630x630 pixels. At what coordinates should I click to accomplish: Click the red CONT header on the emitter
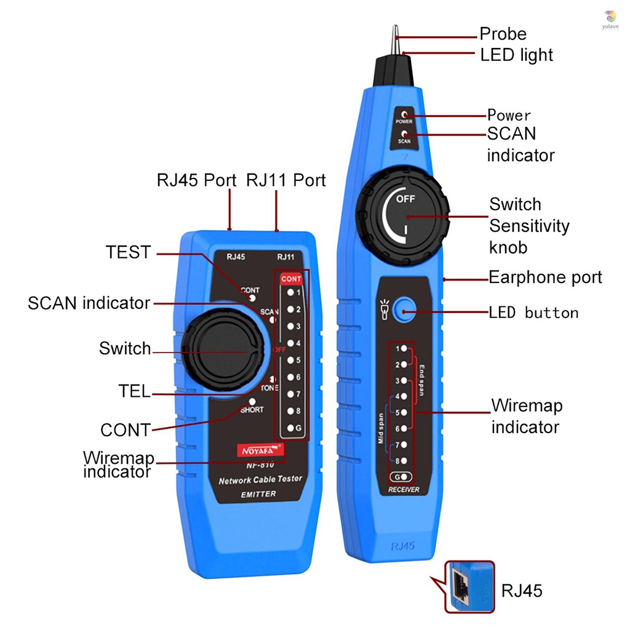point(291,279)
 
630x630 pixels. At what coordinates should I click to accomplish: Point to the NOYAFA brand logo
point(259,450)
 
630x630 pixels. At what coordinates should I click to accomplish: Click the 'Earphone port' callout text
point(545,277)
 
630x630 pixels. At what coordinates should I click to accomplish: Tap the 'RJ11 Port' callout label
point(285,180)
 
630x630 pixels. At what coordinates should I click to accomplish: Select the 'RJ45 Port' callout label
point(196,180)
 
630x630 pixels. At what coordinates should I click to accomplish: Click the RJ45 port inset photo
point(469,587)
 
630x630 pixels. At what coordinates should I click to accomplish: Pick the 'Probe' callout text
point(503,34)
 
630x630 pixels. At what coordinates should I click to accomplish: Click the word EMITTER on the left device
point(258,494)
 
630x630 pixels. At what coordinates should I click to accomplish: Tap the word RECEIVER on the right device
point(404,489)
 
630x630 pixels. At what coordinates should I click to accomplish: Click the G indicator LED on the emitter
point(290,428)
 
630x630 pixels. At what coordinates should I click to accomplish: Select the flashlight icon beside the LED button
point(384,310)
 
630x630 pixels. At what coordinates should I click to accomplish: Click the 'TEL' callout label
point(134,391)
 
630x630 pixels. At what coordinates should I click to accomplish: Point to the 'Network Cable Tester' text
point(260,480)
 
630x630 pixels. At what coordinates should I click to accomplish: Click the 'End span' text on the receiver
point(422,380)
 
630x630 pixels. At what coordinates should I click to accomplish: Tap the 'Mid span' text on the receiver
point(381,428)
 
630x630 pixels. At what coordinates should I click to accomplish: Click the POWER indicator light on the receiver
point(404,114)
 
